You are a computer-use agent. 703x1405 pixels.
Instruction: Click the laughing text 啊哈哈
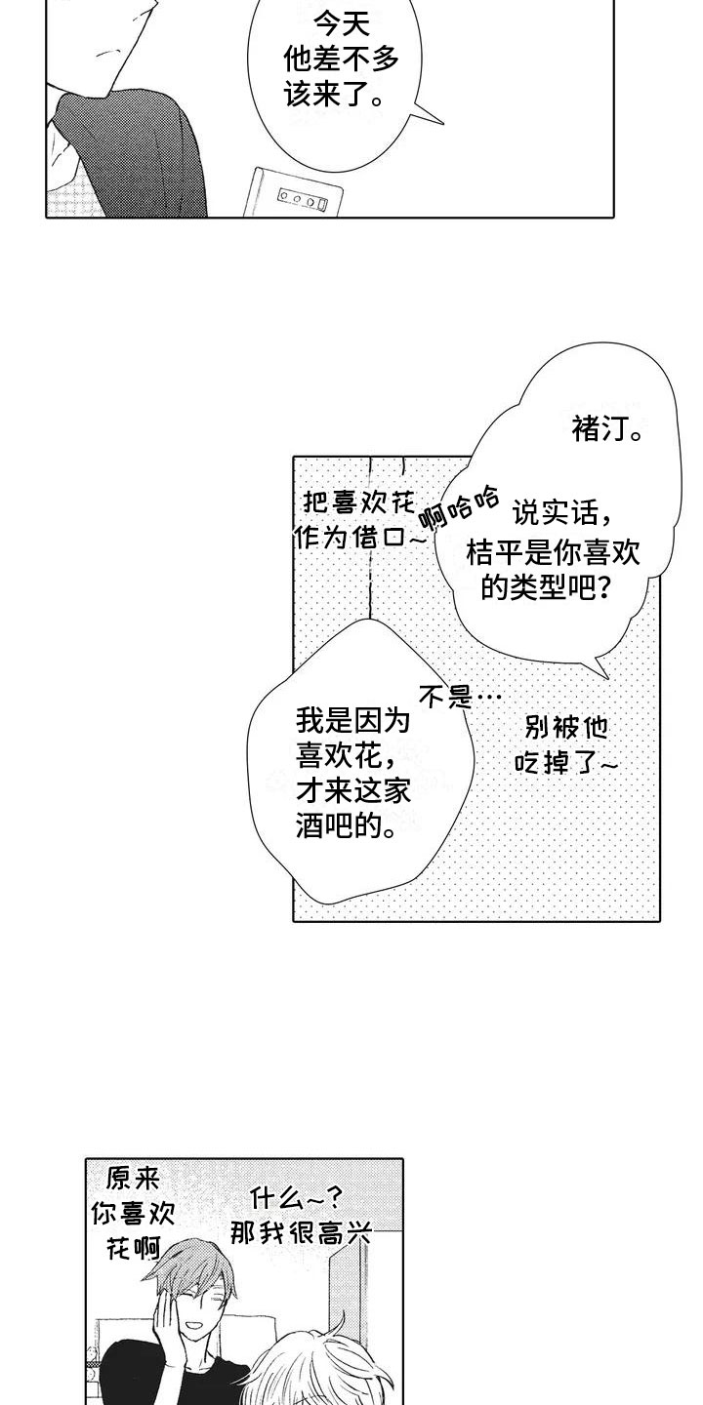(x=458, y=506)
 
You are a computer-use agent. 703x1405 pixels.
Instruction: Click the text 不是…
(x=460, y=696)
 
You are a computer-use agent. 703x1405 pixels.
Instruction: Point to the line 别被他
(x=566, y=727)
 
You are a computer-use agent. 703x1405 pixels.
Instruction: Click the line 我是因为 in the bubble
(x=352, y=723)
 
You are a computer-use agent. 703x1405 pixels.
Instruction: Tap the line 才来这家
(x=352, y=793)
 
